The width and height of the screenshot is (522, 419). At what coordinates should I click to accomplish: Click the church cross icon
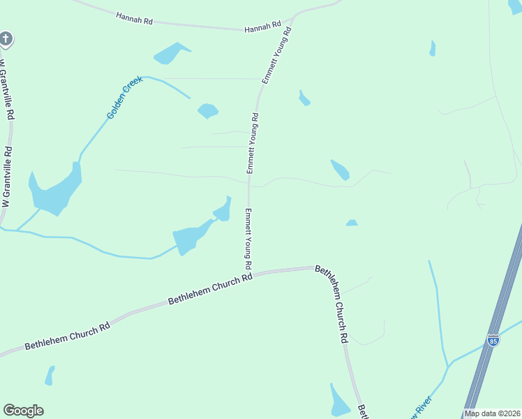click(6, 38)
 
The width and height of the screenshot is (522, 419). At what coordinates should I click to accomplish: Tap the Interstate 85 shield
click(493, 340)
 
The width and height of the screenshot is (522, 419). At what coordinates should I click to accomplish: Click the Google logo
click(23, 410)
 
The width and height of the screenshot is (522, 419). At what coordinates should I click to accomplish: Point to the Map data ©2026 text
click(492, 413)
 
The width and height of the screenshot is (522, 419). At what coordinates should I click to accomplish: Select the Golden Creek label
click(125, 96)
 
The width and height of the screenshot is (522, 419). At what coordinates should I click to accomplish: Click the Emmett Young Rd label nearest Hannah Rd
click(276, 55)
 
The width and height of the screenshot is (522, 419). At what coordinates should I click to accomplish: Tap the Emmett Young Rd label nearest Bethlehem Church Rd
click(248, 239)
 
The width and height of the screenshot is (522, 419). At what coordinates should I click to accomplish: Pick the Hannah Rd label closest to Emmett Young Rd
click(262, 29)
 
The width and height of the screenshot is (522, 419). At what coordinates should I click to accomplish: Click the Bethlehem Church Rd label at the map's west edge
click(68, 336)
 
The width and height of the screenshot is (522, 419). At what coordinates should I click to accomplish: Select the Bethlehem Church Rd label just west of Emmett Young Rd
click(209, 290)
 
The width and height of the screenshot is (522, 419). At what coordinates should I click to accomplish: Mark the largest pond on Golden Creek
click(54, 189)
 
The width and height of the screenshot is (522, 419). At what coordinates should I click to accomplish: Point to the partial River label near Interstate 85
click(423, 406)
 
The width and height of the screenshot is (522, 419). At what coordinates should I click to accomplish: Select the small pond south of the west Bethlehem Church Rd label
click(49, 376)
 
